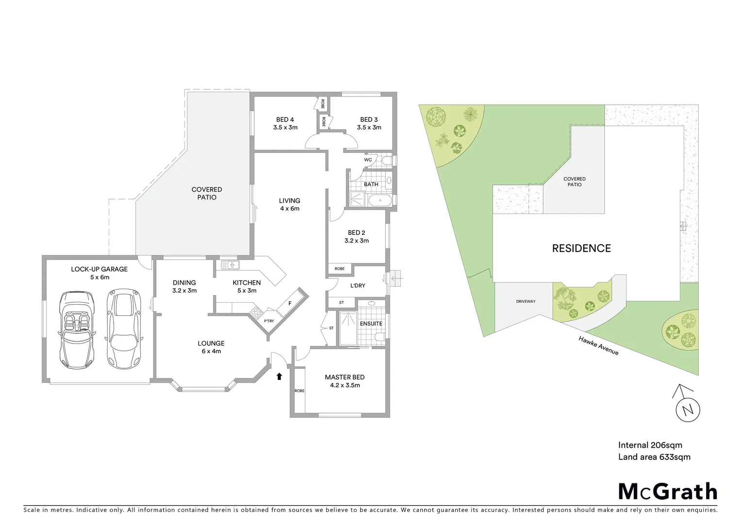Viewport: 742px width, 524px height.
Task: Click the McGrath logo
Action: pos(667,491)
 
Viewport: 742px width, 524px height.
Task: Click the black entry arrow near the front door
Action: pos(279,376)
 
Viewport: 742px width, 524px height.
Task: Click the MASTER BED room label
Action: pos(345,381)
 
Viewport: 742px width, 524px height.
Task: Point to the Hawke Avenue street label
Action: pos(598,345)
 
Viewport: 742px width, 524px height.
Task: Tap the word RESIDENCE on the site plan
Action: pos(581,248)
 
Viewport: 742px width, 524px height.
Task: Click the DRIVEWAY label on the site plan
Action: pos(526,301)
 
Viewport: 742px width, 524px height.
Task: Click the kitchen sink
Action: pos(230,265)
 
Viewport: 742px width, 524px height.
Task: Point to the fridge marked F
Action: pos(290,303)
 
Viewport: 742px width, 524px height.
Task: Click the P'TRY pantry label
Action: pos(269,321)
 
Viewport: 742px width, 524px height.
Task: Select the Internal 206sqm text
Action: pos(650,445)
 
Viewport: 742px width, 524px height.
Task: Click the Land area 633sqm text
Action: pos(654,457)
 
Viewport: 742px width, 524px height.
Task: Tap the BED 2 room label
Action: pos(357,236)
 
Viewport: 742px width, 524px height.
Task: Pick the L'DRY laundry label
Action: pos(358,285)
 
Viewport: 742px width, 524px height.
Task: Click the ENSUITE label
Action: pos(371,323)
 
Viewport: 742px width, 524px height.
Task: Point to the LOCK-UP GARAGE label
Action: pos(99,273)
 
